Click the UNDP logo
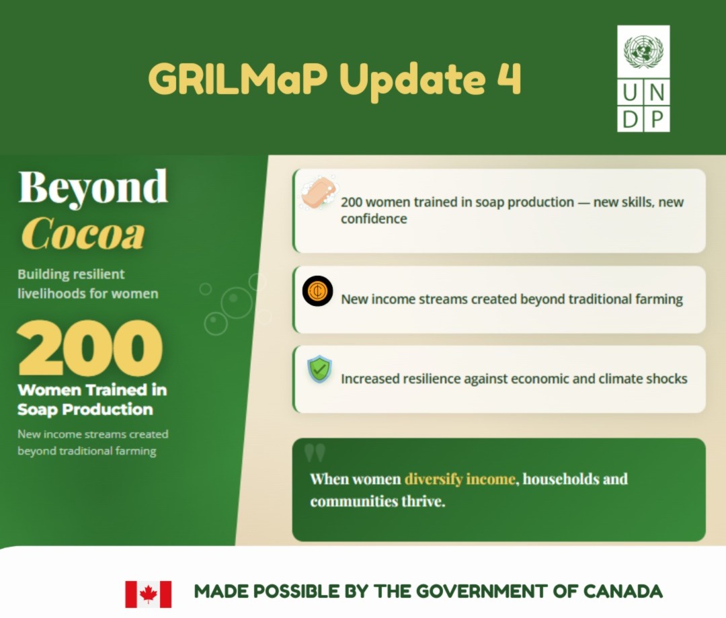[x=643, y=79]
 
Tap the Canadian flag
[x=148, y=594]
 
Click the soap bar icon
[x=319, y=193]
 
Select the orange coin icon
[x=317, y=291]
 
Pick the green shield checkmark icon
[x=319, y=370]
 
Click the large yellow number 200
[x=90, y=349]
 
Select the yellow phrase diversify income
[x=460, y=479]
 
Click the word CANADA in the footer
[x=622, y=592]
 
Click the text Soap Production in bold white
[x=85, y=410]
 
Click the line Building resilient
[x=71, y=274]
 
